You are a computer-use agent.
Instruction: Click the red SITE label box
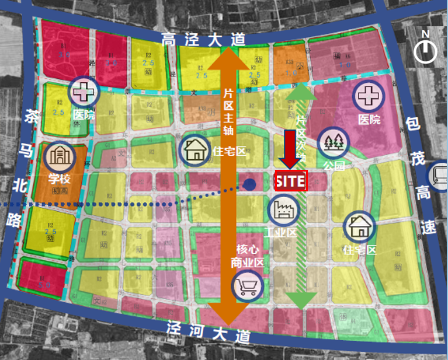pos(290,181)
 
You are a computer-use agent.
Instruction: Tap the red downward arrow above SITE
pos(290,149)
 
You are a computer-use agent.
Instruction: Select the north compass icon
pos(425,51)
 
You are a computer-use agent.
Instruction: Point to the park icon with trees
pos(333,142)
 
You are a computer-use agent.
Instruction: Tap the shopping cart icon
pos(246,286)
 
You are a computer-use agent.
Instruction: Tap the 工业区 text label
pos(280,232)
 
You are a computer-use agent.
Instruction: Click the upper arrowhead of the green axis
pos(301,93)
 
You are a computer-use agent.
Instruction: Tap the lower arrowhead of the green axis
pos(301,300)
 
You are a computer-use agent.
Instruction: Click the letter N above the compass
pos(425,34)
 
